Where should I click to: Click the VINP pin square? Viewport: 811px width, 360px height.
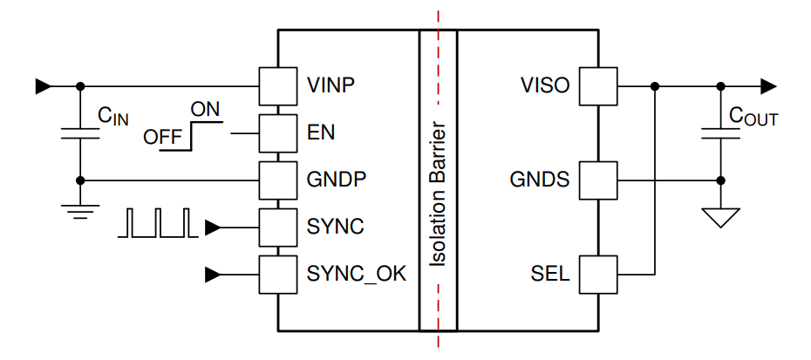point(277,86)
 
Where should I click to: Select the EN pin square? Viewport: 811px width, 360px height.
point(277,133)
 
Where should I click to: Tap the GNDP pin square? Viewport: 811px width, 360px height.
point(277,180)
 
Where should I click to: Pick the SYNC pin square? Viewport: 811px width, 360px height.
point(277,228)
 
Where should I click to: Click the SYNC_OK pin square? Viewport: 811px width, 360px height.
point(277,275)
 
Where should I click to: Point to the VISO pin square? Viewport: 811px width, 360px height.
point(599,86)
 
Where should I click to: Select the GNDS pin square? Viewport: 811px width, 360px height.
point(599,180)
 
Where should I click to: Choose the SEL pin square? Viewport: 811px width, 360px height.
point(599,275)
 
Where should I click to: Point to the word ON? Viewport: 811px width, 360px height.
point(206,110)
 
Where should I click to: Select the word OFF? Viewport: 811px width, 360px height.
point(163,138)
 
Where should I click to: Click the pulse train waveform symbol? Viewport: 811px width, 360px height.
point(158,223)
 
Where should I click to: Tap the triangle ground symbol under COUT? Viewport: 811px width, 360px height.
point(720,217)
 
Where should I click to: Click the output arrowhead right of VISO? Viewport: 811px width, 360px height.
point(767,86)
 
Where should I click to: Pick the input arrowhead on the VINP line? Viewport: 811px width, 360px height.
point(43,86)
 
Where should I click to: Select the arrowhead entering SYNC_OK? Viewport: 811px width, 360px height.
point(213,275)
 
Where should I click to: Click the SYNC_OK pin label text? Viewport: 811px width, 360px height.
point(357,275)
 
